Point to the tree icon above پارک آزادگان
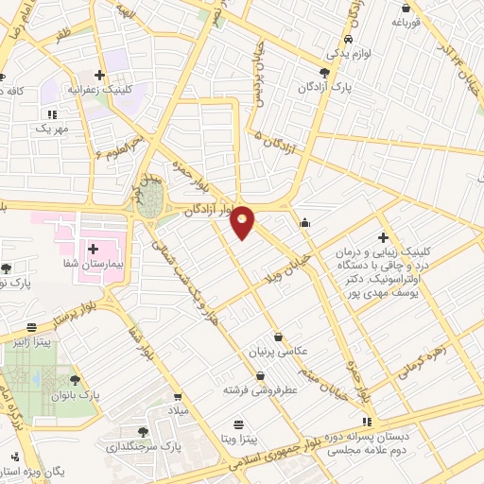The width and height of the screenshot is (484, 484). pyautogui.click(x=325, y=71)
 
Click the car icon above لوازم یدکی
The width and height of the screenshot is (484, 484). pyautogui.click(x=349, y=40)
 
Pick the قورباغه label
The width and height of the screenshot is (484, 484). pyautogui.click(x=413, y=21)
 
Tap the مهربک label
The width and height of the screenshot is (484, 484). pyautogui.click(x=53, y=128)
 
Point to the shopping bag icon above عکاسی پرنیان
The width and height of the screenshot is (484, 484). pyautogui.click(x=278, y=336)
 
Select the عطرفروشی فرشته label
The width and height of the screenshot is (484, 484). pyautogui.click(x=260, y=389)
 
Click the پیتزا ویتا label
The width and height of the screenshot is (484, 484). pyautogui.click(x=242, y=441)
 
